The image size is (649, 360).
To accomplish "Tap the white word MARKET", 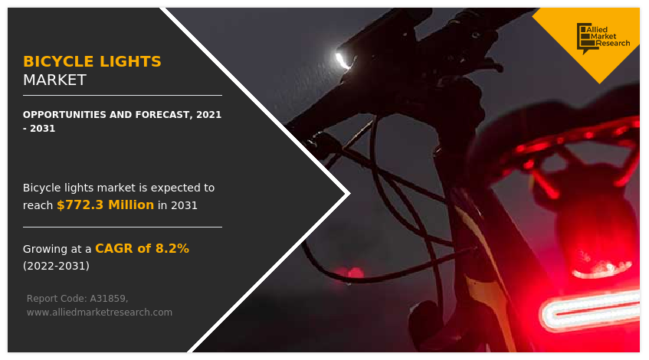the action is [54, 80].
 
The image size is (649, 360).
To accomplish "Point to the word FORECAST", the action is [161, 115].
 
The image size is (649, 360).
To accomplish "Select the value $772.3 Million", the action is [105, 205].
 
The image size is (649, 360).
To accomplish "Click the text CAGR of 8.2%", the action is [142, 248].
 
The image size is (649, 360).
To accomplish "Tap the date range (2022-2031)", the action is [56, 266].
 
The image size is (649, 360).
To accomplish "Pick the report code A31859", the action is [109, 299].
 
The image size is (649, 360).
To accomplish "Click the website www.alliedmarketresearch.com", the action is [100, 313].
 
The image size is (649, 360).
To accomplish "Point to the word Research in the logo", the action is [613, 43].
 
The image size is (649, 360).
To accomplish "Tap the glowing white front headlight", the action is [343, 61].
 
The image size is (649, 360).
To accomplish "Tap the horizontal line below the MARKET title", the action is [123, 95].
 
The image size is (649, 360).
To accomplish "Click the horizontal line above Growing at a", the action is [123, 227].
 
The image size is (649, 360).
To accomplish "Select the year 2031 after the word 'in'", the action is [184, 205].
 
